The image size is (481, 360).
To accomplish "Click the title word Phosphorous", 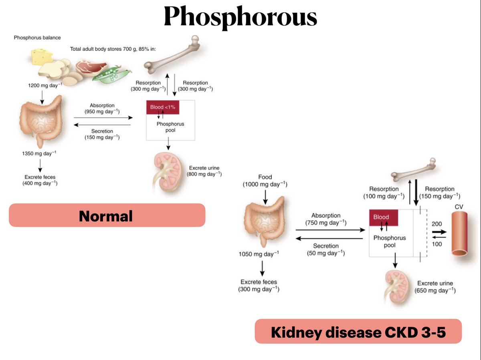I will pyautogui.click(x=240, y=17).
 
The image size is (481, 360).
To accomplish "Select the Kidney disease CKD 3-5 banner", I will pyautogui.click(x=358, y=331).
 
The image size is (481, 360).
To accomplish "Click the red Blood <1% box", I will pyautogui.click(x=162, y=107).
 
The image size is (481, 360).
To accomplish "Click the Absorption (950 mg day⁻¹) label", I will pyautogui.click(x=102, y=109).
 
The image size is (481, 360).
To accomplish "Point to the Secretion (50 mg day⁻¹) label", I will pyautogui.click(x=326, y=249).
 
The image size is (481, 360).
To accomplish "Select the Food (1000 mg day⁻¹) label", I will pyautogui.click(x=265, y=181).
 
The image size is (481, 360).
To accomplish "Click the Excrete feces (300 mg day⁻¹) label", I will pyautogui.click(x=259, y=286).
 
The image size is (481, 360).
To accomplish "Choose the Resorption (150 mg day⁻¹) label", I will pyautogui.click(x=439, y=193).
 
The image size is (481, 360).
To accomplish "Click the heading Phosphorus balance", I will pyautogui.click(x=37, y=38).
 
